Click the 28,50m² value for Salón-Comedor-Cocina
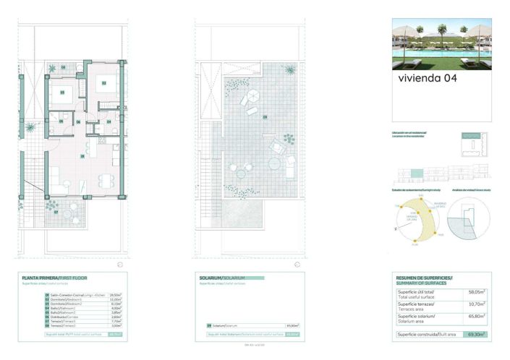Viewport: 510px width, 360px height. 114,295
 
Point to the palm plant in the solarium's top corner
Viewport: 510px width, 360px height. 289,70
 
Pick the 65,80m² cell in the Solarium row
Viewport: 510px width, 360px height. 292,326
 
